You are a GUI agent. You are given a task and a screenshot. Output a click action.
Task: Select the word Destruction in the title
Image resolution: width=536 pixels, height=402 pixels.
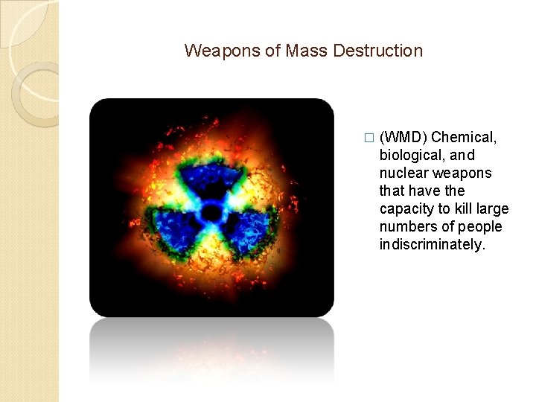(x=378, y=51)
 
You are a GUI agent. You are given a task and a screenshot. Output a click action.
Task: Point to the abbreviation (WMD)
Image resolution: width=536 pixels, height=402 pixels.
(x=403, y=137)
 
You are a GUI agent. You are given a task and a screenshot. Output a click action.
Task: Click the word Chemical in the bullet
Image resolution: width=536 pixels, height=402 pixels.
(x=464, y=137)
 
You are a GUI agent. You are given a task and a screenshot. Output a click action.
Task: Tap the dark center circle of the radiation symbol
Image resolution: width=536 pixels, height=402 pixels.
(x=211, y=211)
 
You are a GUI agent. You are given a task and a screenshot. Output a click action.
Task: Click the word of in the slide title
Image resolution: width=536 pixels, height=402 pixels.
(x=271, y=51)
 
